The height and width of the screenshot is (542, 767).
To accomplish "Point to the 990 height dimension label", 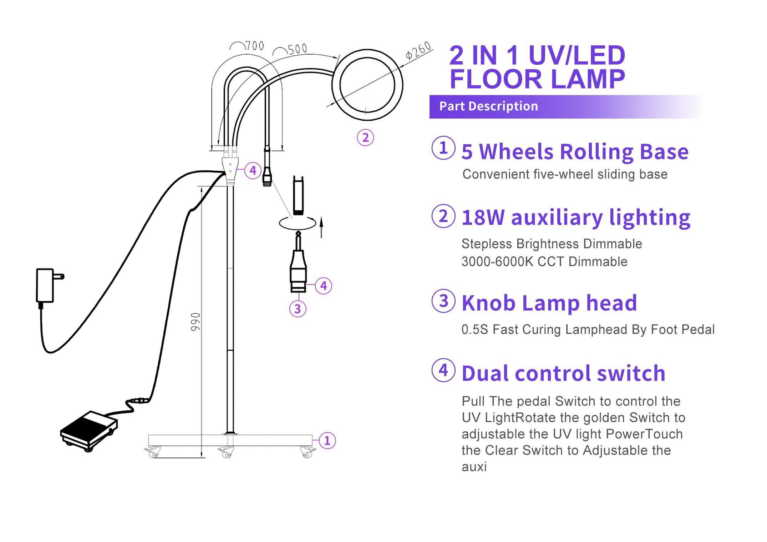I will [x=195, y=322].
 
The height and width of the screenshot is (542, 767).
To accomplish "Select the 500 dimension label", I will [x=297, y=49].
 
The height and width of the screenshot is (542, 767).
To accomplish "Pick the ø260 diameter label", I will [x=419, y=51].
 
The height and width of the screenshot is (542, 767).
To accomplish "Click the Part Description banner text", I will [x=488, y=106].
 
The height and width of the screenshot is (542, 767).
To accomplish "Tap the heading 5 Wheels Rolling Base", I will [x=575, y=151].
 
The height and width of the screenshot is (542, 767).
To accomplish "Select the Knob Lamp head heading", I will [x=549, y=303].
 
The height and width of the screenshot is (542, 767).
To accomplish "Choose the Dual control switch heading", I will [x=563, y=373].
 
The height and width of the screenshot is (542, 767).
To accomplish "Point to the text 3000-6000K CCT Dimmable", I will [x=544, y=262].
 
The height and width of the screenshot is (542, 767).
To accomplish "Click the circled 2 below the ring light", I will [x=365, y=137].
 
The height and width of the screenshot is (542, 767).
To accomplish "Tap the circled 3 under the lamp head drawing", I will [x=298, y=308].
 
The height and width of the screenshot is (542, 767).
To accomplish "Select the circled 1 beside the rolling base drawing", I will [x=327, y=441].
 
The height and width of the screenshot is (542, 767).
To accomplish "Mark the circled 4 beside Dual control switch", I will [x=443, y=370].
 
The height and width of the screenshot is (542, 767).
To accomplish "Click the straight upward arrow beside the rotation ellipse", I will [x=321, y=227].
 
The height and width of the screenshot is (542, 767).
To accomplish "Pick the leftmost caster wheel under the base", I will [x=153, y=453].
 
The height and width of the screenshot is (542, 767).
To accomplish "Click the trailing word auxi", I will [x=474, y=467].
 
